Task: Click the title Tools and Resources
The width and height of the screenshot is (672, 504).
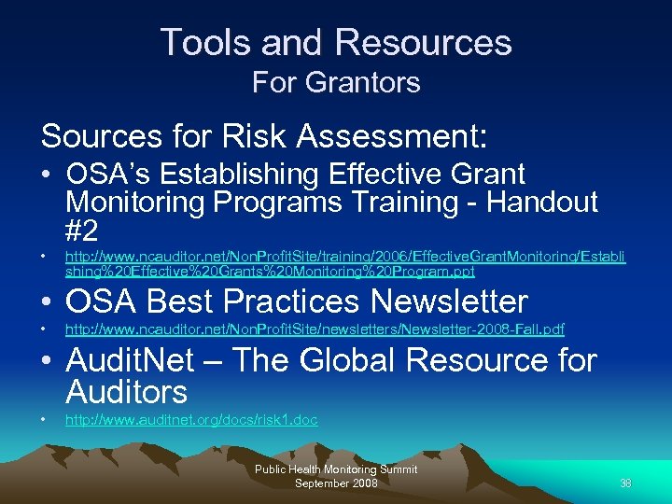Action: pyautogui.click(x=336, y=43)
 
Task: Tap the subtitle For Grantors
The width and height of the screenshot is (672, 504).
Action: pyautogui.click(x=336, y=82)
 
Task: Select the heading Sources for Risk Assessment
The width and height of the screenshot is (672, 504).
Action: pyautogui.click(x=264, y=136)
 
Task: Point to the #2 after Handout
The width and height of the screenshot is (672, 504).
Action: pyautogui.click(x=82, y=230)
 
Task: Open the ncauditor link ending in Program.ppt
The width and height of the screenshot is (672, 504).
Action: pyautogui.click(x=344, y=263)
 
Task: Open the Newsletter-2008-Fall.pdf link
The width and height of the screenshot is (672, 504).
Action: pyautogui.click(x=315, y=329)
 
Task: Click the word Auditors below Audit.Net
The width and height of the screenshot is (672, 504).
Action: pyautogui.click(x=127, y=392)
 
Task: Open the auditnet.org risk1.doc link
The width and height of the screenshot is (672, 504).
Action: pyautogui.click(x=190, y=420)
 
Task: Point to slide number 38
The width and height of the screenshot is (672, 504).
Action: pyautogui.click(x=625, y=483)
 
